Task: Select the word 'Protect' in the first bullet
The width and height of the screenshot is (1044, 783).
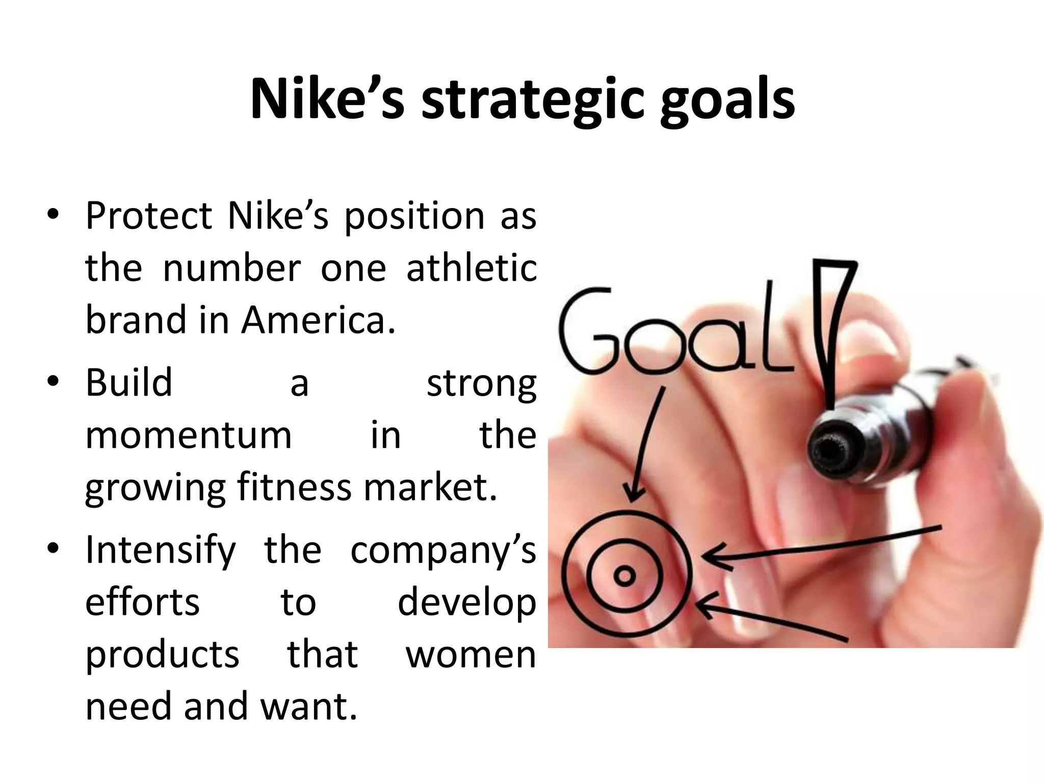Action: pyautogui.click(x=148, y=216)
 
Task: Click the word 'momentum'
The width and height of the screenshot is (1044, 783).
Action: pyautogui.click(x=189, y=435)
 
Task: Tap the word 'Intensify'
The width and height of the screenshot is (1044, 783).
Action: pyautogui.click(x=161, y=551)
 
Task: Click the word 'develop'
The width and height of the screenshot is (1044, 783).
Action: pyautogui.click(x=466, y=604)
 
